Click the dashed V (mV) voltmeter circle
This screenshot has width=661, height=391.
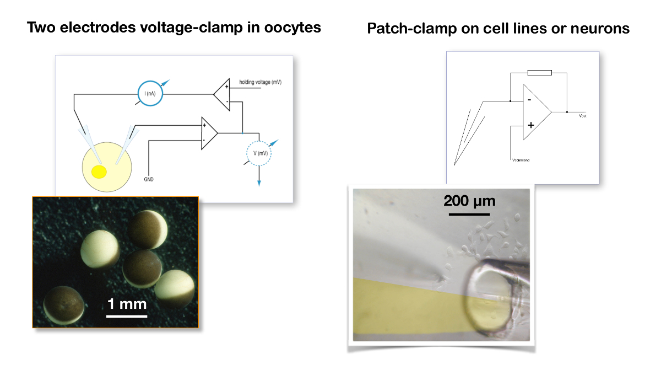pos(259,153)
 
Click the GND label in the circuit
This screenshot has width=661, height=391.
pos(149,180)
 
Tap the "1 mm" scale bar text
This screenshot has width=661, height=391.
pos(127,303)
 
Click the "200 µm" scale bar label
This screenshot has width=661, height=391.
pos(469,201)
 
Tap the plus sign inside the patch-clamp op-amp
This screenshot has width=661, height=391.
pos(530,125)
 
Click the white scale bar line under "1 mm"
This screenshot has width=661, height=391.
pos(127,316)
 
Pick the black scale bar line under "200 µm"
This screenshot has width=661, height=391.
pos(469,213)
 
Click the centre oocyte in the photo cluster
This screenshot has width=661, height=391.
pos(142,267)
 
